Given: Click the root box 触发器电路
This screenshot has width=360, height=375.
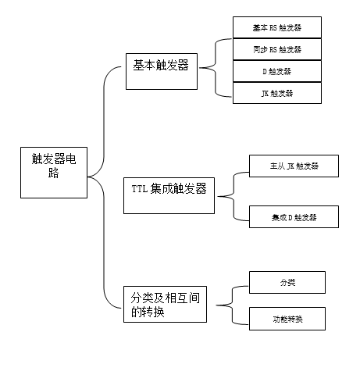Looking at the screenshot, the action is pos(54,173).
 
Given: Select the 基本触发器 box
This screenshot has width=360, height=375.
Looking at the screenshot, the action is pos(162,71).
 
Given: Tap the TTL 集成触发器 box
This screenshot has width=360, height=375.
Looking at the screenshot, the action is pos(169,195).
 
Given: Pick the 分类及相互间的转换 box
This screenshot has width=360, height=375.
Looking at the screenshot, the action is pos(165,304).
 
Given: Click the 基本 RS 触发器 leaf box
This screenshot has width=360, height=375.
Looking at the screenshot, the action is pos(277,27).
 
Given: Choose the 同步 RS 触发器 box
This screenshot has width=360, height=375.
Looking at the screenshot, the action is pos(277,49).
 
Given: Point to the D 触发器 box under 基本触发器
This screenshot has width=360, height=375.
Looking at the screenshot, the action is pos(277,71).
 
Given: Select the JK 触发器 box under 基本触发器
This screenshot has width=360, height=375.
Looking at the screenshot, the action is pos(277,93).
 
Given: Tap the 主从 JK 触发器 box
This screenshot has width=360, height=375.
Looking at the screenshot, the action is pos(294,166).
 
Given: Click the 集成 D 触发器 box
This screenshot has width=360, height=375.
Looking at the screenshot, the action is pos(294,216).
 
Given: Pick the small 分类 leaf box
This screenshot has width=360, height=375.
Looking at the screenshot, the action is pos(287,282).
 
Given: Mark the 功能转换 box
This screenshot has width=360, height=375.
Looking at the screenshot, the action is pos(287,319).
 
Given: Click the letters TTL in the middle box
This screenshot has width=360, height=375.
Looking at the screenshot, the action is pos(140,188).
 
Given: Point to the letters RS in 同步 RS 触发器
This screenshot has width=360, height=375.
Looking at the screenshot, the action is pos(273,49).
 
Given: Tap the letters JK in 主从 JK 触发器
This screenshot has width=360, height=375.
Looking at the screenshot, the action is pos(290,166).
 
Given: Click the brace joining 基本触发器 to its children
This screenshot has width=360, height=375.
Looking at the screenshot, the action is pos(216,68).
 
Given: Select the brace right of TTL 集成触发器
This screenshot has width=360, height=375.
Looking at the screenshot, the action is pos(233,196).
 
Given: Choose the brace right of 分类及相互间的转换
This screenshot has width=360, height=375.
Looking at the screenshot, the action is pos(232,305).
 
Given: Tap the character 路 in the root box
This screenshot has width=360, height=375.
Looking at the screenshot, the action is pos(53,173).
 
